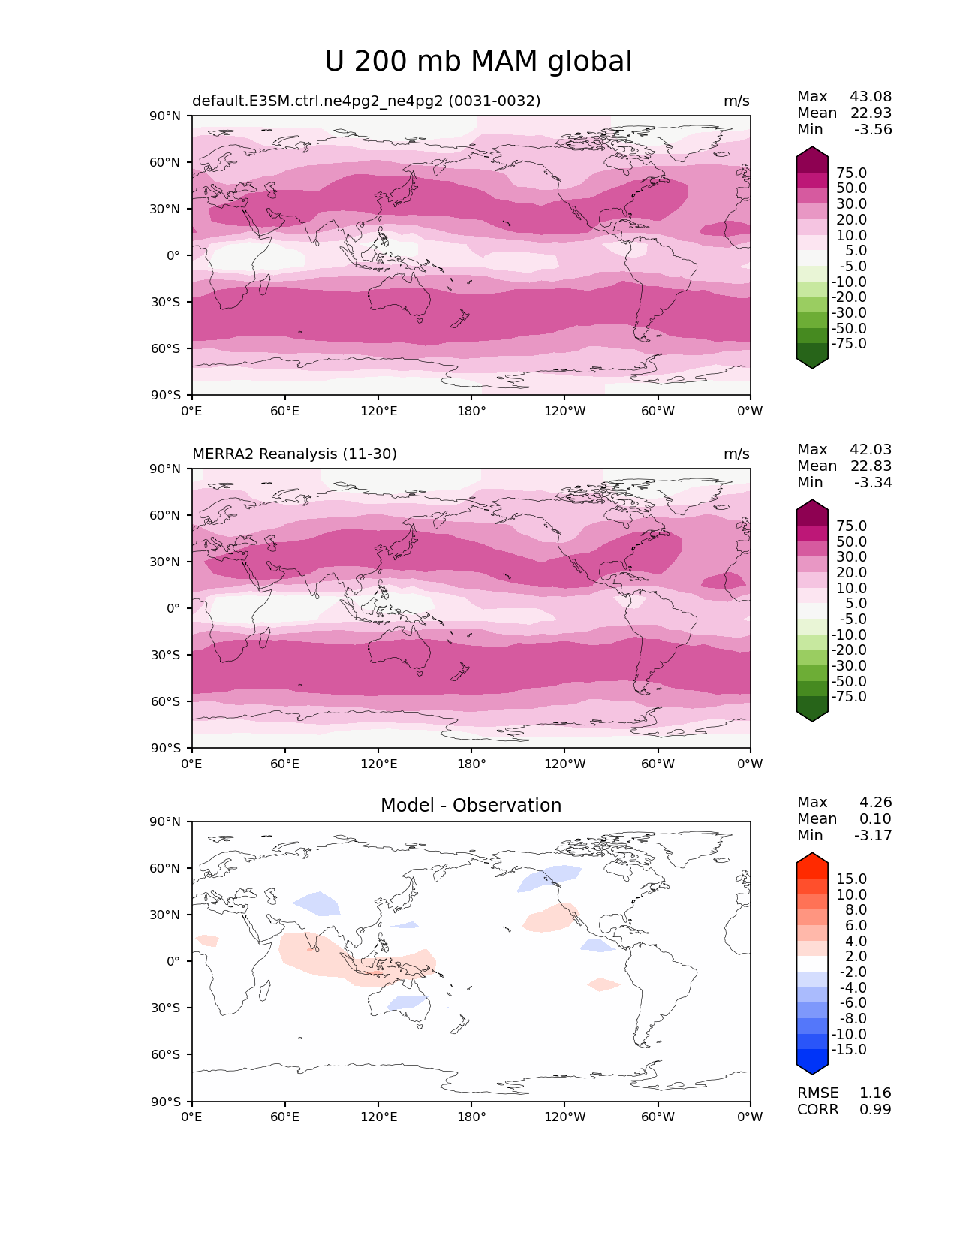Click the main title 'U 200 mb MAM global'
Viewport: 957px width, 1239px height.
[x=478, y=62]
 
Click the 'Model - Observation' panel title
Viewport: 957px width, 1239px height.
[x=471, y=806]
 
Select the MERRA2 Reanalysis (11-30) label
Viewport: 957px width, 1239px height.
[x=294, y=454]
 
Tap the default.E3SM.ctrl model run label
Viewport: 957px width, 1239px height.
[x=366, y=101]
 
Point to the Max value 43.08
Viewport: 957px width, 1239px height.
[x=871, y=96]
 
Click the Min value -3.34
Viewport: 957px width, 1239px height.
[x=873, y=482]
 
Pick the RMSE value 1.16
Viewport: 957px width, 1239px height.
[x=875, y=1093]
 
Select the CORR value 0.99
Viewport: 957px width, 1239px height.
[x=875, y=1109]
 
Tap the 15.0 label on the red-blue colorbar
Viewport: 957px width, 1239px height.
[x=851, y=879]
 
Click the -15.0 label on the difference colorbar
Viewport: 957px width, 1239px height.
[x=849, y=1049]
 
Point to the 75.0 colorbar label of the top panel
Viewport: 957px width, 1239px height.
[x=851, y=173]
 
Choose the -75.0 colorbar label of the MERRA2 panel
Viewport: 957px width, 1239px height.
[x=849, y=696]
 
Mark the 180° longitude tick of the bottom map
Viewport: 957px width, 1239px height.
[x=471, y=1117]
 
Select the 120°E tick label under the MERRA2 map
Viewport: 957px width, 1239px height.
[x=379, y=764]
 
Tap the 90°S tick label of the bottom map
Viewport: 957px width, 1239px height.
[x=166, y=1102]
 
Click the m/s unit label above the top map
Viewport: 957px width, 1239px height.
[x=736, y=101]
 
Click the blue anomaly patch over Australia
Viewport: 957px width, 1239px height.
[x=407, y=1002]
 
